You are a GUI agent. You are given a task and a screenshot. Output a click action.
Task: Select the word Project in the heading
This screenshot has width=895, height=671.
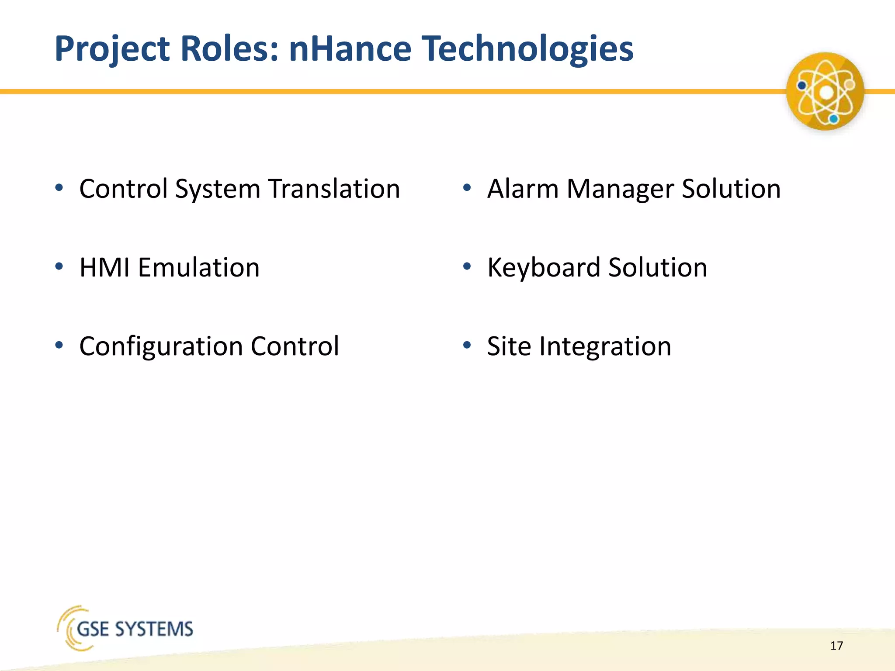tap(112, 48)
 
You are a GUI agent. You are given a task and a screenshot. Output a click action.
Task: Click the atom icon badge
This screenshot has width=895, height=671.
tap(825, 91)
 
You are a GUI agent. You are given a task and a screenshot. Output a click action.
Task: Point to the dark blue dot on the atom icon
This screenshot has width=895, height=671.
tap(801, 86)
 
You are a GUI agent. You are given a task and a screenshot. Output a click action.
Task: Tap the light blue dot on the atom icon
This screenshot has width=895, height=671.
tap(833, 119)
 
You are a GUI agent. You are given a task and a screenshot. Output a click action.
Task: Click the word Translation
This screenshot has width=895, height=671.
tap(334, 189)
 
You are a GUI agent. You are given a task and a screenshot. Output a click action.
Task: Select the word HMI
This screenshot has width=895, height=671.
tap(104, 267)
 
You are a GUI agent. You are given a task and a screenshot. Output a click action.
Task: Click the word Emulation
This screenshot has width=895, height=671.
tap(199, 267)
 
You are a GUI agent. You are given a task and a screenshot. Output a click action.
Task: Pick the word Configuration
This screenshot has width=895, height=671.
tap(160, 346)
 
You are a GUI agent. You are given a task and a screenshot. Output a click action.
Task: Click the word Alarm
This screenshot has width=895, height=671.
tap(523, 189)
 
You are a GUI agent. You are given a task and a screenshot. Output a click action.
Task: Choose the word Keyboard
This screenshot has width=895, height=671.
tap(543, 267)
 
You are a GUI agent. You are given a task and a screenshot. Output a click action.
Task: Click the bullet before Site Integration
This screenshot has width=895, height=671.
tap(467, 346)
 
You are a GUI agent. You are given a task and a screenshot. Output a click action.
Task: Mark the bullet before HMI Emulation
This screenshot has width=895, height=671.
tap(59, 266)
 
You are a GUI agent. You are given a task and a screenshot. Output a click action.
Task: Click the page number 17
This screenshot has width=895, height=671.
tap(836, 646)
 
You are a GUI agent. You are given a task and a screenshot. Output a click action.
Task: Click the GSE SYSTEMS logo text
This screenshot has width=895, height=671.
tap(135, 629)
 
